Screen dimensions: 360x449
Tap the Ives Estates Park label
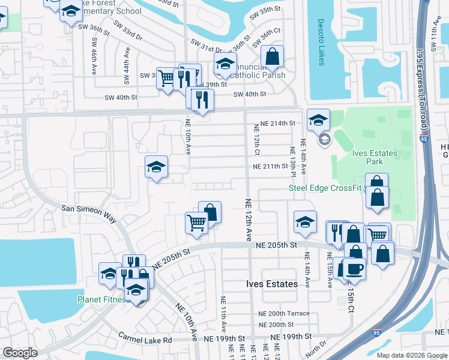click(375, 157)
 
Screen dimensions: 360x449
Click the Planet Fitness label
click(102, 299)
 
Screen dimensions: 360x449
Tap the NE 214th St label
click(274, 123)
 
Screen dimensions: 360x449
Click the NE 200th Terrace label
click(284, 313)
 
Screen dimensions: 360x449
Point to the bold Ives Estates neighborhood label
click(272, 284)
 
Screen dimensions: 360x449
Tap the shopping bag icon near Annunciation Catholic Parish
click(272, 57)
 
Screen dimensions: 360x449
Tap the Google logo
click(20, 353)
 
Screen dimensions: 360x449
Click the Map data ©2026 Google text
click(411, 355)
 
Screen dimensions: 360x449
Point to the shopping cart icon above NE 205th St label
click(196, 223)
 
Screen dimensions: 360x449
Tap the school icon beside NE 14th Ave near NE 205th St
click(305, 221)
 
